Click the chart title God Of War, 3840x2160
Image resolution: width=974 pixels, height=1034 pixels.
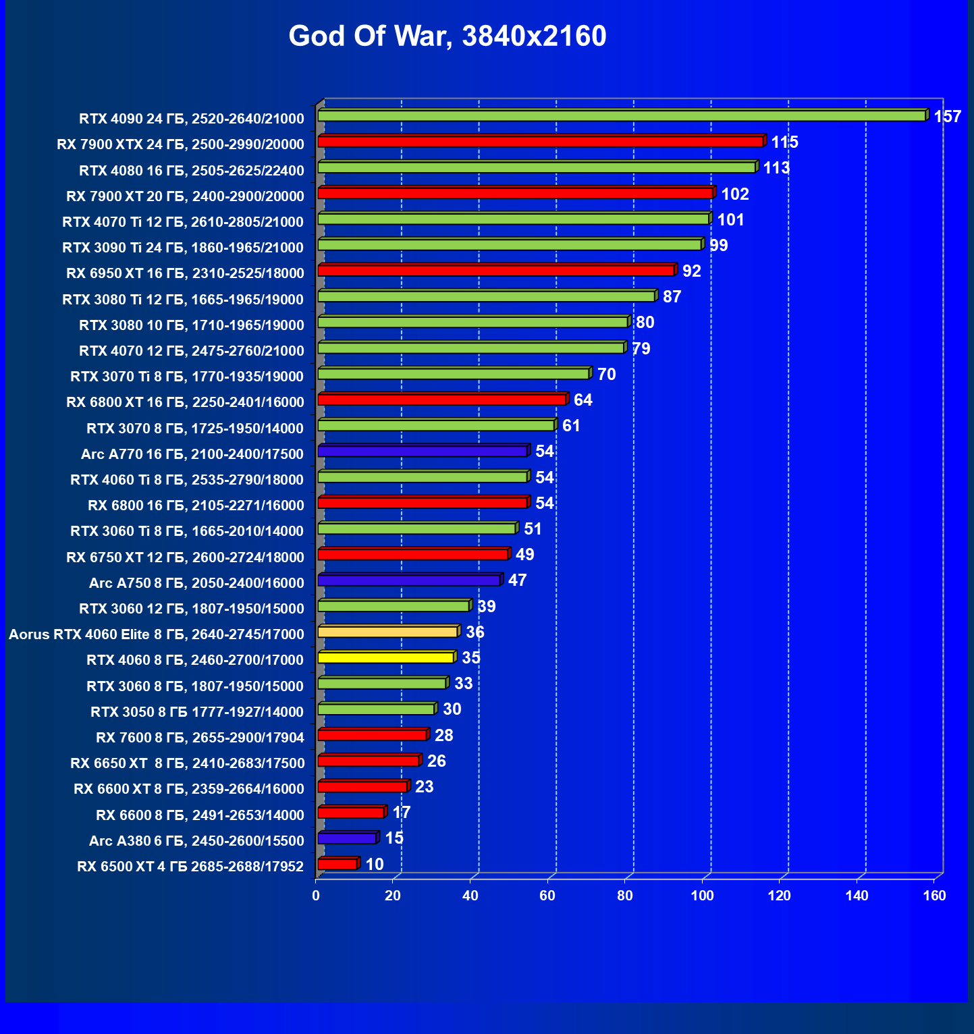click(x=448, y=36)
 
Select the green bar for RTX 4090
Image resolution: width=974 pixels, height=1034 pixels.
click(x=621, y=116)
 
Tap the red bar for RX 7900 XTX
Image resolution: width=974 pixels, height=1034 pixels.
click(x=540, y=142)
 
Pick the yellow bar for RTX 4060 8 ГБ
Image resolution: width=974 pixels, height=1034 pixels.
click(x=385, y=658)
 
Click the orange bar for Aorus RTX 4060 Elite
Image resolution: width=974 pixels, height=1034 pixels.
click(x=387, y=632)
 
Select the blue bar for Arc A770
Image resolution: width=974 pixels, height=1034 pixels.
click(x=422, y=452)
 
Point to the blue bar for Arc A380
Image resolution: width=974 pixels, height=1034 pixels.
click(x=347, y=839)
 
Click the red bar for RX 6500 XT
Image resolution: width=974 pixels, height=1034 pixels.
click(x=337, y=865)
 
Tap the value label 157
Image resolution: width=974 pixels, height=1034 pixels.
click(x=947, y=117)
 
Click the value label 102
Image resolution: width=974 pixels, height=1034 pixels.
click(x=735, y=194)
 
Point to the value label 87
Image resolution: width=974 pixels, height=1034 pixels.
click(x=672, y=297)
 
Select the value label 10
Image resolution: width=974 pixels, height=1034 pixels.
click(x=374, y=865)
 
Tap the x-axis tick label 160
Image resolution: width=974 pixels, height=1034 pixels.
click(x=934, y=896)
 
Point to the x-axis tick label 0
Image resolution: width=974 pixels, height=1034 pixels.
click(x=316, y=896)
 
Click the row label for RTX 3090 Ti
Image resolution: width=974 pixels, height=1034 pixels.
click(x=183, y=248)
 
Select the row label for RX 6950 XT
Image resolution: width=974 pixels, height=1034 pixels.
click(x=185, y=273)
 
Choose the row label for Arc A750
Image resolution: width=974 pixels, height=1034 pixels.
click(x=196, y=583)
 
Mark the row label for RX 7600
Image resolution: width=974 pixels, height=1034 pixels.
click(x=200, y=738)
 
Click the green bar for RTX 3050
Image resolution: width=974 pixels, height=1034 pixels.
click(x=376, y=709)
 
